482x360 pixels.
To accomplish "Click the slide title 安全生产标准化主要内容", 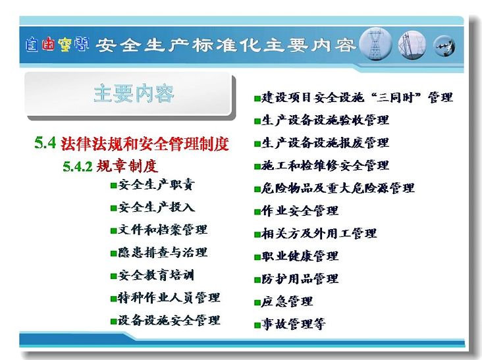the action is click(x=226, y=45).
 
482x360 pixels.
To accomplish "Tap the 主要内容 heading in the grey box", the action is click(x=134, y=93).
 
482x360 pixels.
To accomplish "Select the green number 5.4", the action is click(x=45, y=143).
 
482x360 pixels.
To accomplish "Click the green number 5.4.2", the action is click(x=78, y=167).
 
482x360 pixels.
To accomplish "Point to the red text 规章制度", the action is click(x=127, y=166).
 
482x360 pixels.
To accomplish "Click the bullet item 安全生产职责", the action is click(x=157, y=185).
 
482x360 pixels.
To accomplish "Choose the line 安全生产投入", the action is click(x=157, y=207).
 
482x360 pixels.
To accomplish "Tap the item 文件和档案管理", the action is click(x=163, y=230).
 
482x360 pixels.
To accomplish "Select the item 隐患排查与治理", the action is click(x=163, y=253).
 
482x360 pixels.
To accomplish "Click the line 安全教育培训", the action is click(x=157, y=275).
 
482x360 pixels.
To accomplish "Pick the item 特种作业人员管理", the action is click(x=169, y=297).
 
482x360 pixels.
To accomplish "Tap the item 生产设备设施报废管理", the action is click(x=325, y=143).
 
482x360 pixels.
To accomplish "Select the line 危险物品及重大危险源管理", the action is click(x=338, y=188).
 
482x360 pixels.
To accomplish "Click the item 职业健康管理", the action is click(x=300, y=256).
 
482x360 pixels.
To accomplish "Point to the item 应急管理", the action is click(x=287, y=301).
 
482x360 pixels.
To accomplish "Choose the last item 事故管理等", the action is click(x=294, y=324).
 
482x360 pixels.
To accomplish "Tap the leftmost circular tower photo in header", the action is click(x=375, y=44).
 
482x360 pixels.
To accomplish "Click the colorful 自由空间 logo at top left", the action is click(x=57, y=45).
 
